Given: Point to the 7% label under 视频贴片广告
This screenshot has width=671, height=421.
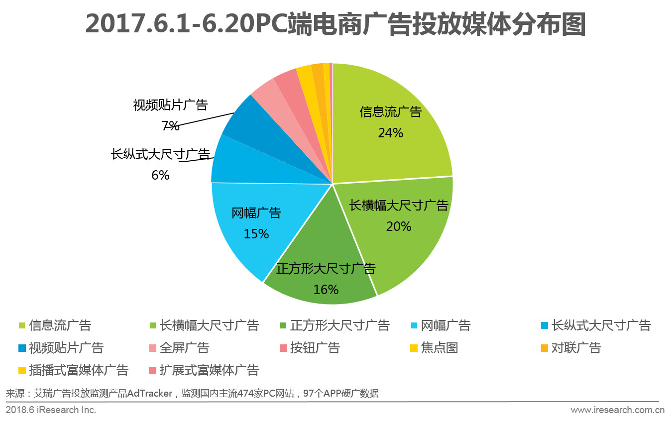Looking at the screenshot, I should click(x=170, y=126).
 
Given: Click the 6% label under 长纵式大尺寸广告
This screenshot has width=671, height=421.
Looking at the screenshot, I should click(x=160, y=175).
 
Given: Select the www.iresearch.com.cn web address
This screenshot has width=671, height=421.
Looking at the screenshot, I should click(x=618, y=410).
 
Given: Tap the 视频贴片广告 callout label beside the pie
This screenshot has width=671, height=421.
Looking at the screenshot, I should click(x=170, y=105).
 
